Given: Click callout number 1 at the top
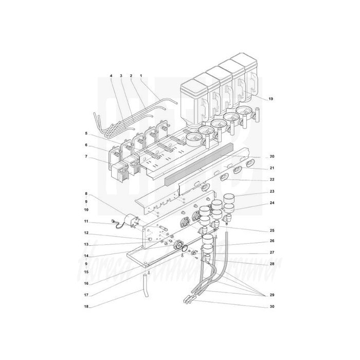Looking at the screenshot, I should [x=141, y=76].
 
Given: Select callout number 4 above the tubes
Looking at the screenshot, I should [x=111, y=76].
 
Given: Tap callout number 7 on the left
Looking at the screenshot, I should [x=86, y=156].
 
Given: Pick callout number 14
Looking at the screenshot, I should [x=86, y=256].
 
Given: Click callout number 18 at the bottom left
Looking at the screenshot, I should [x=86, y=307].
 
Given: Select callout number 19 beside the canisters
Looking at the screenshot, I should [x=271, y=98].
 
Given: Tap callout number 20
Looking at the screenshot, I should [x=272, y=156].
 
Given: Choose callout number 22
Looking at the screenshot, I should [x=272, y=179].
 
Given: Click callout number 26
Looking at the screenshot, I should [x=272, y=241].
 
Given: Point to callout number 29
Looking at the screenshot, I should [x=272, y=295].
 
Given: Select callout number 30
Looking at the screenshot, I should [x=272, y=307].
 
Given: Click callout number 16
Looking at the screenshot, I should [x=86, y=283].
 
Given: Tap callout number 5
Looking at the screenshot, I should [x=86, y=133].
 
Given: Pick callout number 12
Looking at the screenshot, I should [x=86, y=233].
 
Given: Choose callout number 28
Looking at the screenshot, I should [x=272, y=264].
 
